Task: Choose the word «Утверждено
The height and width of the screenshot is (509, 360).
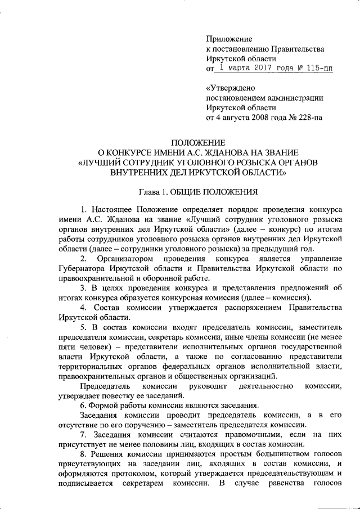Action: (231, 88)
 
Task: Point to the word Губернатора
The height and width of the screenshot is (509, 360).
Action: (81, 268)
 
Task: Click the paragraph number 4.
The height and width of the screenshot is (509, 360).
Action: (82, 308)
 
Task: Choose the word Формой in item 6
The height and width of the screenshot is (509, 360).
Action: (103, 406)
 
